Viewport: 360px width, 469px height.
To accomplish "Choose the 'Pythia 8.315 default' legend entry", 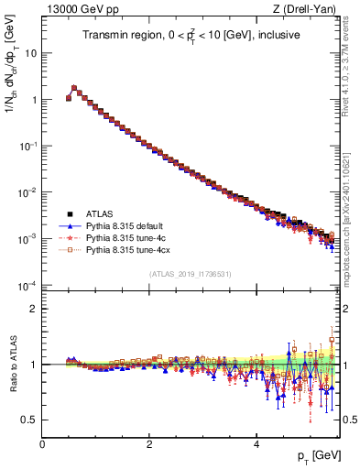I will [x=129, y=224].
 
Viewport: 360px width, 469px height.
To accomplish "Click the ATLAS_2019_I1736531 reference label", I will [x=190, y=274].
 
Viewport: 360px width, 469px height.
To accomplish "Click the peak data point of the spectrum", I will [x=74, y=88].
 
